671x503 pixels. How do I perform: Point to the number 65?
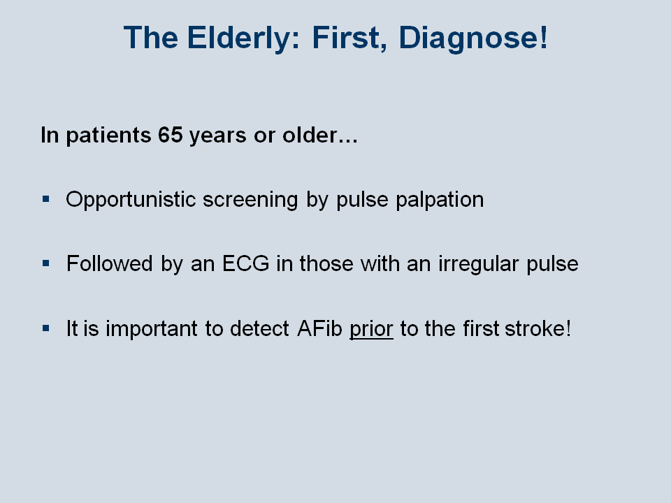[171, 135]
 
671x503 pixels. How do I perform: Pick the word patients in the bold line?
[109, 136]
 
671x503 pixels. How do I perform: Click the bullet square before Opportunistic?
[46, 199]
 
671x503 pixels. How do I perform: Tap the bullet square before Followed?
[46, 263]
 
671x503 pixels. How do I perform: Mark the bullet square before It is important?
[46, 328]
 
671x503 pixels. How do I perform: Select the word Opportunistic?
[131, 200]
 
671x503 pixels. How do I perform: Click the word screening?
[250, 201]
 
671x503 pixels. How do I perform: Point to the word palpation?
[440, 201]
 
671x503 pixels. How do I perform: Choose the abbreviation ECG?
[245, 263]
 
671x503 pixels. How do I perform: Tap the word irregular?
[478, 264]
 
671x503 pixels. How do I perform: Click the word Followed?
[110, 263]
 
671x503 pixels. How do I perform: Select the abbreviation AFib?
[319, 328]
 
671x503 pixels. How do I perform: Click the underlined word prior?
[371, 329]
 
